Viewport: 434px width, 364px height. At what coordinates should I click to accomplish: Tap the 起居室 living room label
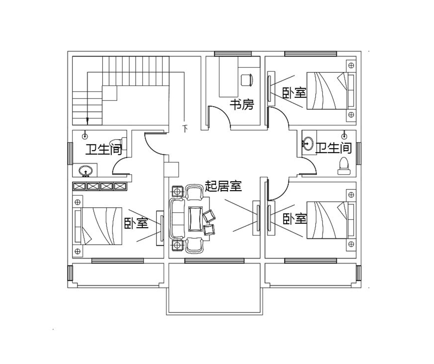(223, 186)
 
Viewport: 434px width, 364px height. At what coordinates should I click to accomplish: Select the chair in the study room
(247, 80)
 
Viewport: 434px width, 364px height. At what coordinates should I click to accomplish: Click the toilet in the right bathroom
(344, 166)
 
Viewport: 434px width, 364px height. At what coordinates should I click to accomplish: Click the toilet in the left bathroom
(118, 144)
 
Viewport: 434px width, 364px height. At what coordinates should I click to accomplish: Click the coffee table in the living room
(195, 219)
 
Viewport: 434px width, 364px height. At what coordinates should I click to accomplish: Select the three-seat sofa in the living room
(177, 219)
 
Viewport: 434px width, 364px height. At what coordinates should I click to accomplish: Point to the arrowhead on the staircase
(87, 121)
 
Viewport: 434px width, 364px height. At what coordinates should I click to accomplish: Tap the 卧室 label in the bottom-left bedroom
(136, 223)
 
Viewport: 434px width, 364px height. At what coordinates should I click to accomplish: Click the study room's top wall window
(233, 54)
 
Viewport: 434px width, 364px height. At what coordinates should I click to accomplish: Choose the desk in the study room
(229, 77)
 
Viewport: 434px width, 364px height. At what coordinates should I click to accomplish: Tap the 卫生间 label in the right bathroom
(333, 148)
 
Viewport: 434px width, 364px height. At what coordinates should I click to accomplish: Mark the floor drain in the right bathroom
(344, 136)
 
